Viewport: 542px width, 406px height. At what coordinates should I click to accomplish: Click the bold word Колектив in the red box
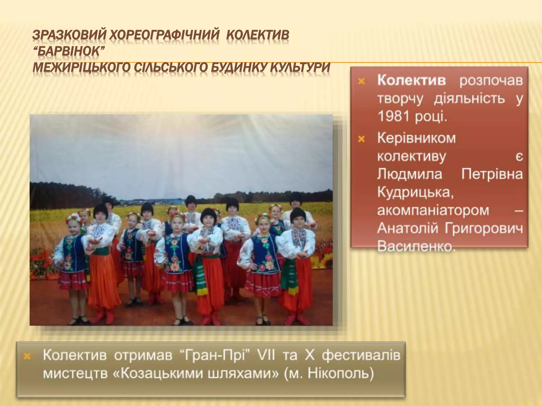coord(411,80)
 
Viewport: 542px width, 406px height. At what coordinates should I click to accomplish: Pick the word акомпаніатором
coord(433,210)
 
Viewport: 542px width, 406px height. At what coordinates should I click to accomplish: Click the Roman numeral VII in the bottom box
coord(262,356)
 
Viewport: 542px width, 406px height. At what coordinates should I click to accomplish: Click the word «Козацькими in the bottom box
coord(155,373)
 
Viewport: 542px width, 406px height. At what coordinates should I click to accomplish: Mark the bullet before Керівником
coord(362,139)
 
